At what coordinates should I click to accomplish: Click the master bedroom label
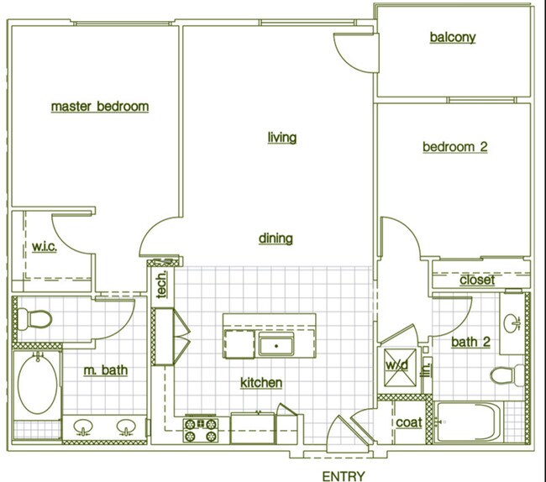tap(100, 107)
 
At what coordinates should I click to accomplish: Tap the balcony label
tap(453, 37)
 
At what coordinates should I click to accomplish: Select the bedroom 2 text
tap(454, 147)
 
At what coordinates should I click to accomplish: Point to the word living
tap(282, 137)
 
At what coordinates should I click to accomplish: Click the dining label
tap(276, 238)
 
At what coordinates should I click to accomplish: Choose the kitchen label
tap(261, 383)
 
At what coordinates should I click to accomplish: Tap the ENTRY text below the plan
tap(343, 476)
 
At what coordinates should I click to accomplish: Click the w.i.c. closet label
tap(45, 248)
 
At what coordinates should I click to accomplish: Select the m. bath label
tap(106, 370)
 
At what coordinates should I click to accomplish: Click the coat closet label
tap(409, 422)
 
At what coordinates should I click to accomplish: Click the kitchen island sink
tap(274, 344)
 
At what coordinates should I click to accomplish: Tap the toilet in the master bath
tap(35, 319)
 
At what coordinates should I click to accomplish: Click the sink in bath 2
tap(512, 322)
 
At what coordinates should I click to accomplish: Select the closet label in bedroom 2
tap(477, 280)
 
